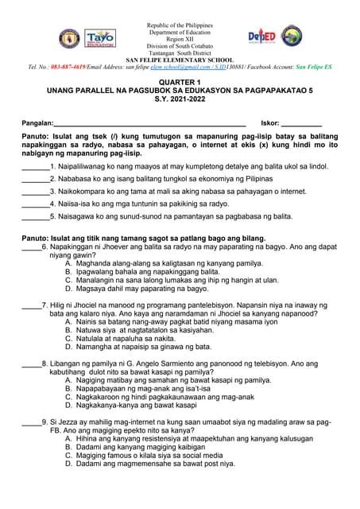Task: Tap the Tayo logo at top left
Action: [100, 37]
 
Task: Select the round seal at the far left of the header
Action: [66, 37]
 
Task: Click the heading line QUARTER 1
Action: [180, 83]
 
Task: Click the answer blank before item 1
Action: [35, 168]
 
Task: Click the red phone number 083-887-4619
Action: [72, 68]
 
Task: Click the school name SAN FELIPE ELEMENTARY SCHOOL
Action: [180, 60]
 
